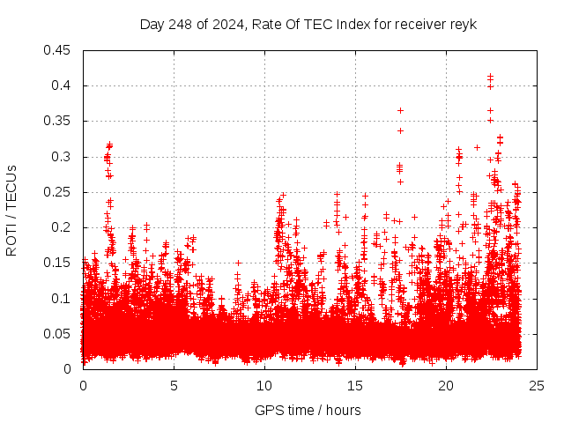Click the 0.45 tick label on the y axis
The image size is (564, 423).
(x=58, y=50)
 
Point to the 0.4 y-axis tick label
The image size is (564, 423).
(x=63, y=85)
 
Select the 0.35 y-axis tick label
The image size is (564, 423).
(x=58, y=121)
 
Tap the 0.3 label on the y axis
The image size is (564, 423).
(x=63, y=157)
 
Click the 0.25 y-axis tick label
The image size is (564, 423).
(x=58, y=192)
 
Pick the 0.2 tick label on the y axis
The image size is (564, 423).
(x=63, y=227)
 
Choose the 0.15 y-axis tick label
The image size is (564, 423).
(x=58, y=263)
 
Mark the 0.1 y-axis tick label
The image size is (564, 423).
(x=63, y=298)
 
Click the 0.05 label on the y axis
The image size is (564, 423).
(x=58, y=333)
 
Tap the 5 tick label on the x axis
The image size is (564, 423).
(x=174, y=385)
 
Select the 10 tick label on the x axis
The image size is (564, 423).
(x=264, y=385)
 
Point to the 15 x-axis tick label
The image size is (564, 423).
(x=355, y=385)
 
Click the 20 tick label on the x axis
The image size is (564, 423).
(x=446, y=385)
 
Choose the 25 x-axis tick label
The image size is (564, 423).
(x=537, y=385)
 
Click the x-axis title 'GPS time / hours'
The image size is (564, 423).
(x=308, y=410)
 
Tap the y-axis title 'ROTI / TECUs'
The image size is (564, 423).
(x=11, y=210)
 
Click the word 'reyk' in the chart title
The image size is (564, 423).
(x=462, y=24)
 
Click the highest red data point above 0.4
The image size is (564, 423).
(x=490, y=77)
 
